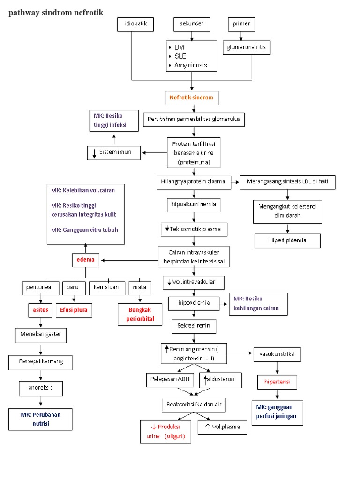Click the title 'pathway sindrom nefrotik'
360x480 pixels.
[x=56, y=13]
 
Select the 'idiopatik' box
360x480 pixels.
[x=135, y=24]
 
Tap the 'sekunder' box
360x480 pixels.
[x=192, y=24]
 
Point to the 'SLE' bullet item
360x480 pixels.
[x=180, y=56]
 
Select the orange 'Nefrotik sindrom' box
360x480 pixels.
[x=192, y=97]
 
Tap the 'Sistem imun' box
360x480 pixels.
[x=114, y=152]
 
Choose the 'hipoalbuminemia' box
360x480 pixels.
[x=193, y=205]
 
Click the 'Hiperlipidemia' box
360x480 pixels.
[x=288, y=240]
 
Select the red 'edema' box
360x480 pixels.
[x=86, y=260]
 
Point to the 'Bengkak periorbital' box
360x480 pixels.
[x=140, y=315]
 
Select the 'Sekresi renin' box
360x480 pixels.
[x=194, y=325]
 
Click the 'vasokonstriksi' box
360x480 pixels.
[x=277, y=354]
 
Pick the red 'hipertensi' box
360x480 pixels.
[x=277, y=382]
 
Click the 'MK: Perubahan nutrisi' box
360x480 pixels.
[x=41, y=419]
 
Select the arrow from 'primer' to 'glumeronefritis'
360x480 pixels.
[x=241, y=36]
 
